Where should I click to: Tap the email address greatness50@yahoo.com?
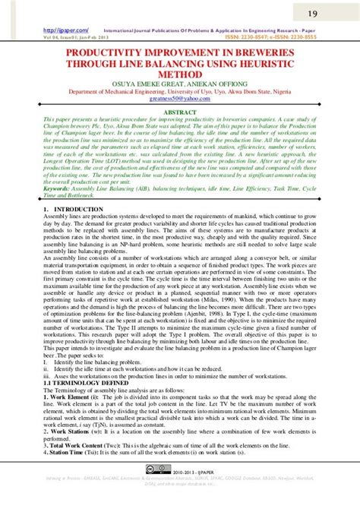(x=180, y=98)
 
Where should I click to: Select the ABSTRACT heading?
(x=180, y=111)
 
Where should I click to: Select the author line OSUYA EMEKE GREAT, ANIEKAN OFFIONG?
(x=180, y=84)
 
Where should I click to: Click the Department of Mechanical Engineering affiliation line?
(x=180, y=91)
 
